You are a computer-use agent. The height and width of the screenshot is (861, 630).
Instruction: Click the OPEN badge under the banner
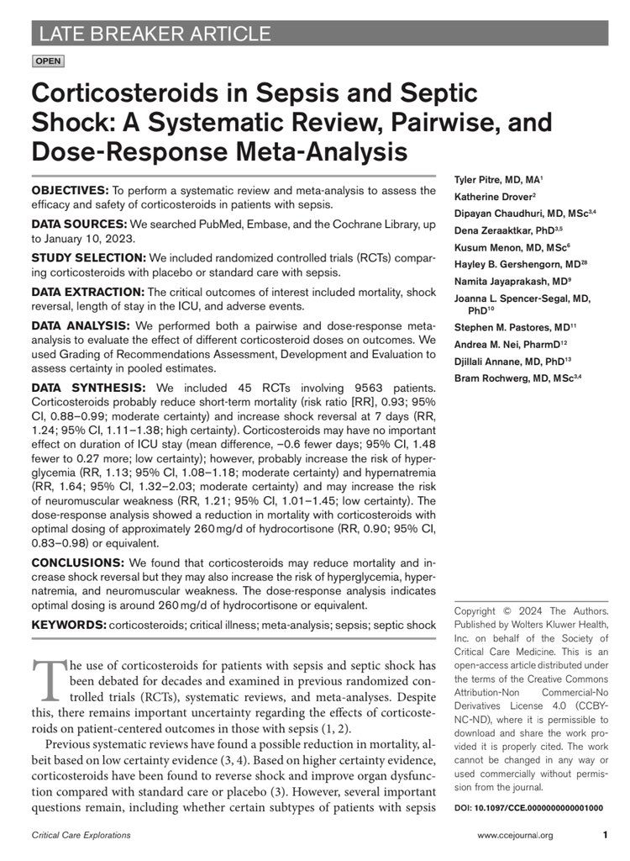coord(47,61)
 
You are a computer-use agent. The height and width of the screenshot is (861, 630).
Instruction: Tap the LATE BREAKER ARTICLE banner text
coord(152,34)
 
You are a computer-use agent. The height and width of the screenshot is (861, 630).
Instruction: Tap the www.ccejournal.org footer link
coord(515,835)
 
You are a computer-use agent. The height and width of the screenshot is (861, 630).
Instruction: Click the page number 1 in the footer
coord(605,835)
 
